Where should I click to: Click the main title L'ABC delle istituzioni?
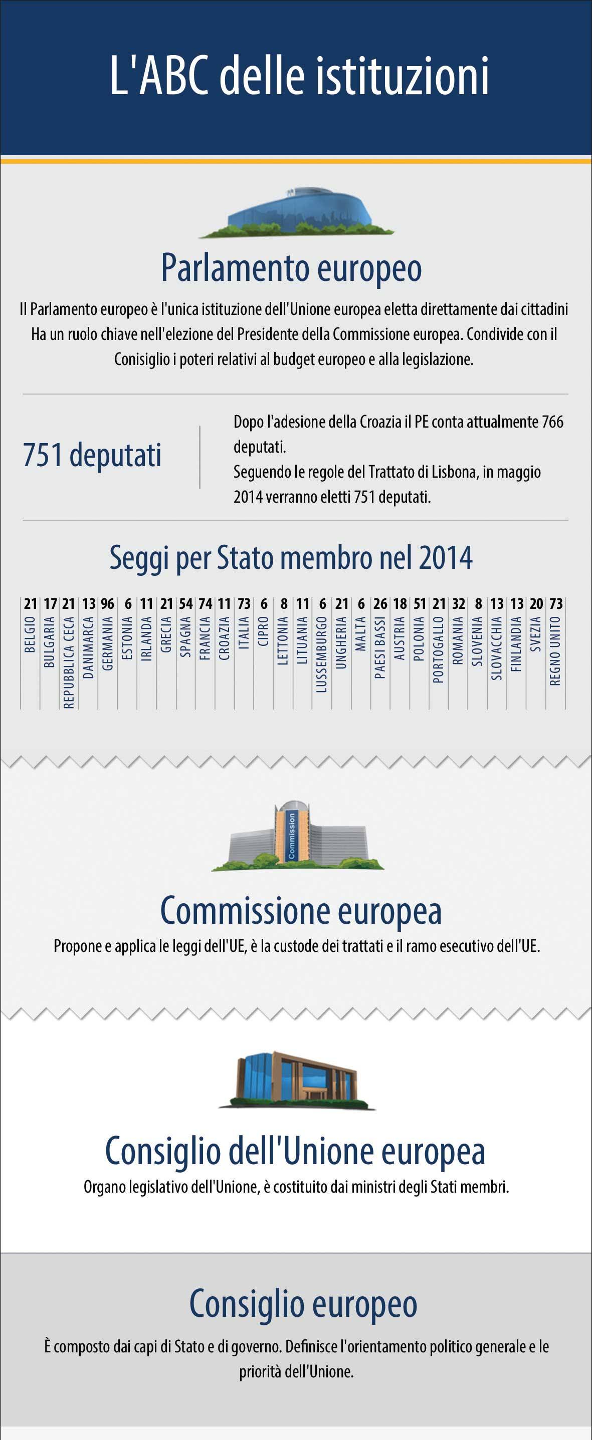[x=299, y=76]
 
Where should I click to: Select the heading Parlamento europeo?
[x=291, y=268]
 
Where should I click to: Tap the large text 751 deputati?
[x=92, y=455]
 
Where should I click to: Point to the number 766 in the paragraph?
[x=552, y=422]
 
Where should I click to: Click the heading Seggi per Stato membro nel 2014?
[x=290, y=557]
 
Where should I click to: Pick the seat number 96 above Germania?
[x=107, y=604]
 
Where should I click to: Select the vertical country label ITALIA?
[x=244, y=632]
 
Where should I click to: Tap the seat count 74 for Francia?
[x=206, y=604]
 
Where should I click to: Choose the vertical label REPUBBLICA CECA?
[x=69, y=662]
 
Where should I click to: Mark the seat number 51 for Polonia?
[x=420, y=604]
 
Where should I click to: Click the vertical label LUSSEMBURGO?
[x=322, y=654]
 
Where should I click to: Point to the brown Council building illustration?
[x=297, y=1079]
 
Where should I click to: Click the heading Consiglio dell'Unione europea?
[x=295, y=1151]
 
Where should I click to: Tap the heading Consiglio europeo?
[x=303, y=1304]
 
